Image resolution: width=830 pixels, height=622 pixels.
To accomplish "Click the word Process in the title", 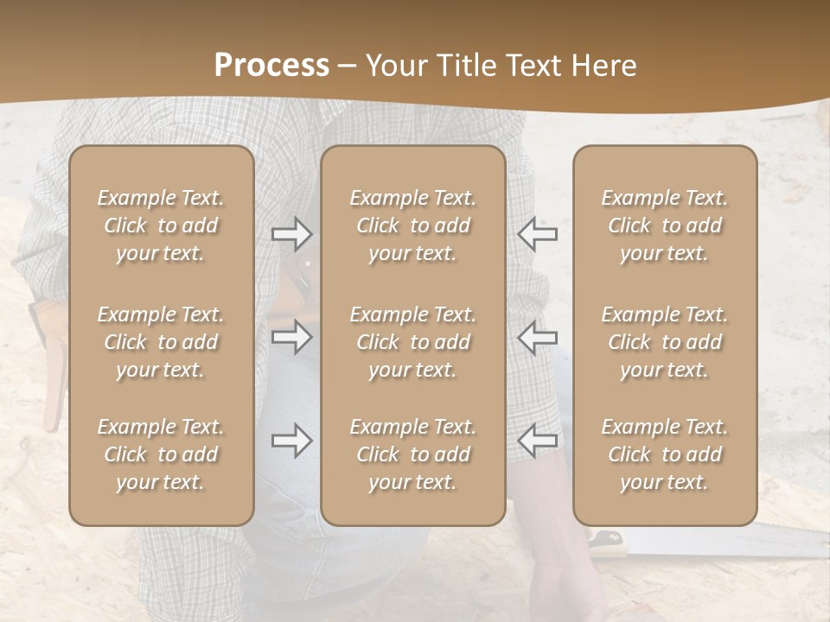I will [x=271, y=66].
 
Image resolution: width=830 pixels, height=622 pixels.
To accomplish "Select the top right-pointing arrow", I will [x=291, y=233].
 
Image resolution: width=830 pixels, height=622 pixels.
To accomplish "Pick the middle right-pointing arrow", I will [x=291, y=337].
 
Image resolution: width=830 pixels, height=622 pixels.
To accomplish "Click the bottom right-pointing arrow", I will [x=291, y=441].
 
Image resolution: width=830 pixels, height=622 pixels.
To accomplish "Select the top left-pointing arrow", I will [x=538, y=233].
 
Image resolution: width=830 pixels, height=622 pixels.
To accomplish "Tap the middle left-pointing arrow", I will [x=538, y=337].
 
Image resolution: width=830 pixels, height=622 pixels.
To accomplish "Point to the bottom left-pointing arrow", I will [x=538, y=440].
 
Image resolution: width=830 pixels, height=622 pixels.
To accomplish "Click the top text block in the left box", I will [x=161, y=225].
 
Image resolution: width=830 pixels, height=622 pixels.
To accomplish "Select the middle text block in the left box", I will [x=161, y=342].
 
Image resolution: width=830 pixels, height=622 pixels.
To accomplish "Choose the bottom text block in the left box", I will [x=161, y=454].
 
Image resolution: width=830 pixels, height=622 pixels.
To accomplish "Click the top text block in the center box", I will [x=413, y=225].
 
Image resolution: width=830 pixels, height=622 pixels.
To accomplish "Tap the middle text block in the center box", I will [x=413, y=342].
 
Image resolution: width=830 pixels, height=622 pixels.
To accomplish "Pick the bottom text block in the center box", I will [x=413, y=454].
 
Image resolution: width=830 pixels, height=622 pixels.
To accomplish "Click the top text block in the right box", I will [x=665, y=225].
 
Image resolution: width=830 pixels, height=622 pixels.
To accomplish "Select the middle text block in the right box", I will [x=665, y=342].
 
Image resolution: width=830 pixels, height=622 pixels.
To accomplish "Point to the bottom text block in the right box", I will [x=665, y=454].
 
